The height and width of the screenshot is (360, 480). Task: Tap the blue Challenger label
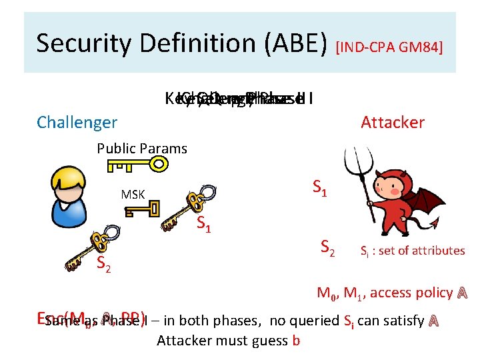pos(77,122)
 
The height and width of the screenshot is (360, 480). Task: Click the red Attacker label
pos(392,122)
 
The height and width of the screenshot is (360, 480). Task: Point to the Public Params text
pos(142,148)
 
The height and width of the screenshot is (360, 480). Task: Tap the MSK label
pos(133,195)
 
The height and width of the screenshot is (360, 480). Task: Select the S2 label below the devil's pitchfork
pos(327,247)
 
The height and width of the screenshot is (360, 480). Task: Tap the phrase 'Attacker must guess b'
pos(228,341)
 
